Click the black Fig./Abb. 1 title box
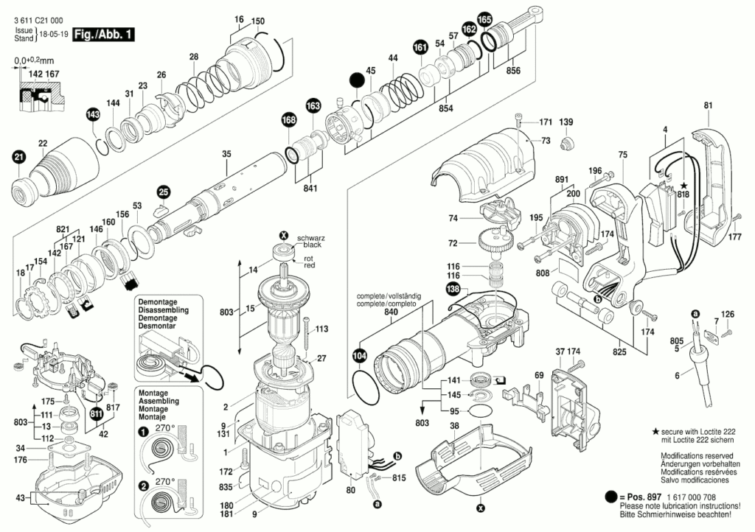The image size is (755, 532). click(105, 33)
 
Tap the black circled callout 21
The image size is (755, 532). click(18, 155)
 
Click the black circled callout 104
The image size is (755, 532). click(359, 357)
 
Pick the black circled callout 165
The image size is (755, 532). click(484, 19)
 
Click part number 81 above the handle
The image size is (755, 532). click(709, 105)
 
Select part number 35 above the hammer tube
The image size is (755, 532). click(226, 154)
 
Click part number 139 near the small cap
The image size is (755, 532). click(566, 122)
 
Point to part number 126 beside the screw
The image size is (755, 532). click(728, 315)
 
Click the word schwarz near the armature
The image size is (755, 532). click(310, 238)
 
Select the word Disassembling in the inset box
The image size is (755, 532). click(160, 309)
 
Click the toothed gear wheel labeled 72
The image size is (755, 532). click(496, 239)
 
